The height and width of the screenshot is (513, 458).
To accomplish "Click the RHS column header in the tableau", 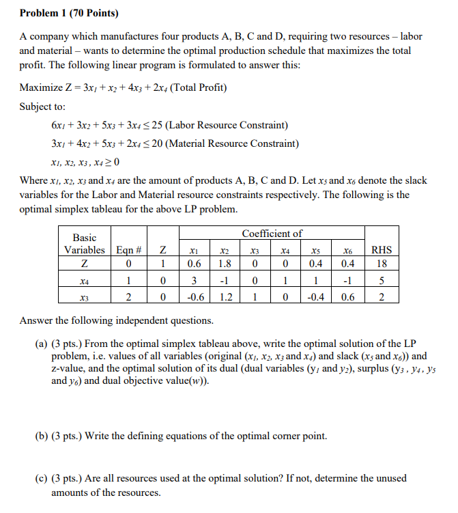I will click(x=380, y=250).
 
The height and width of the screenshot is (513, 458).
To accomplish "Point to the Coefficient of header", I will click(x=272, y=234).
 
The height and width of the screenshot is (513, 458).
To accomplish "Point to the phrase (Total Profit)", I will click(x=199, y=88).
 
